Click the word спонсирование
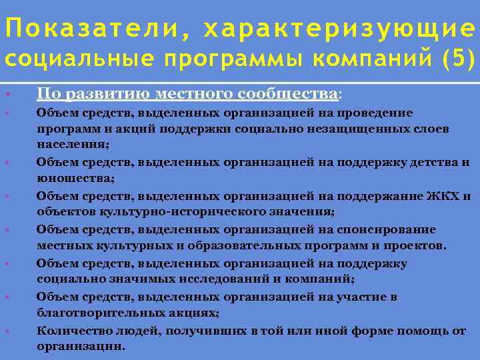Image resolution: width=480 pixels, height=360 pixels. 393,229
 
